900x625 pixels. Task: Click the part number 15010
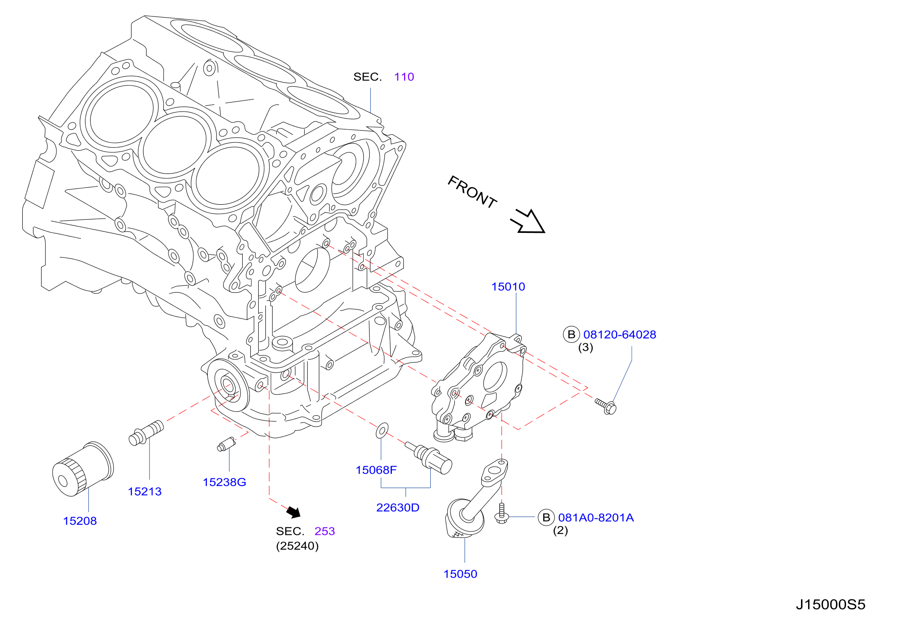point(508,287)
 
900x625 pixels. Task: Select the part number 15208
point(80,521)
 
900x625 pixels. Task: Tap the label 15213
point(145,491)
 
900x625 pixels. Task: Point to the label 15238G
point(225,482)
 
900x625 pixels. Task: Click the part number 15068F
point(376,470)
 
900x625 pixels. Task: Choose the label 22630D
point(398,507)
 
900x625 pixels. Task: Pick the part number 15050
point(460,574)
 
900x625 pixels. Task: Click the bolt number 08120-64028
point(620,335)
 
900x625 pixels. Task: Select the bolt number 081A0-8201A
point(596,518)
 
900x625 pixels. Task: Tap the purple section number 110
point(404,77)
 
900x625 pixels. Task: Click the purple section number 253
point(324,532)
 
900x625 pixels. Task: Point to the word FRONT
point(472,192)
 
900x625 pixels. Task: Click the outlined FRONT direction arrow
point(528,221)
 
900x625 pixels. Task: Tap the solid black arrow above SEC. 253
point(294,512)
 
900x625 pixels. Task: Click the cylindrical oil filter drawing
point(83,469)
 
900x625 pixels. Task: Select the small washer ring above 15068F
point(382,431)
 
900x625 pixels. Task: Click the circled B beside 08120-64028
point(571,334)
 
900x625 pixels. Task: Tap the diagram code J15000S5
point(830,605)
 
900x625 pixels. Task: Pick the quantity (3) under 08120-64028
point(585,347)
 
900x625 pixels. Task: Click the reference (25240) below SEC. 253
point(297,546)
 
